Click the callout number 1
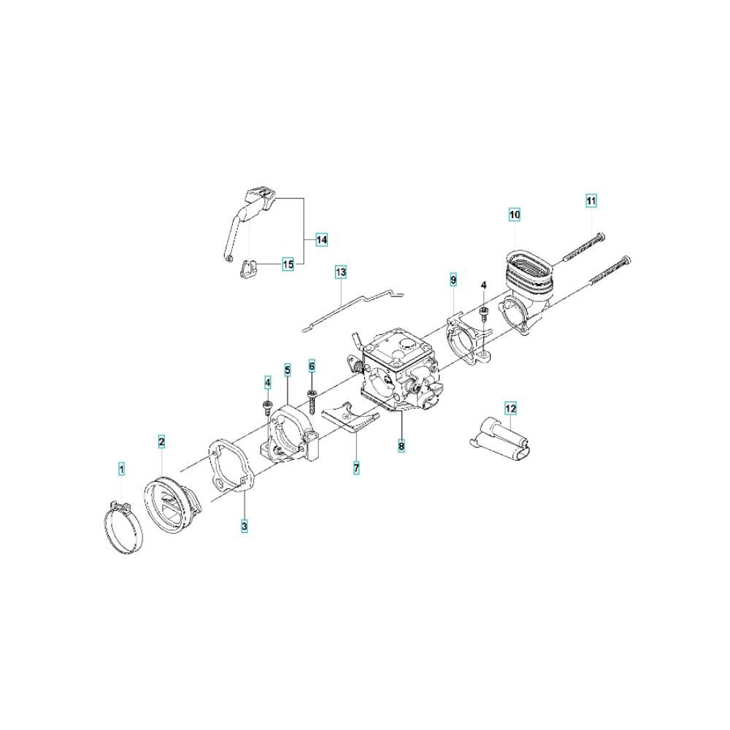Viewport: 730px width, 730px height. (x=121, y=469)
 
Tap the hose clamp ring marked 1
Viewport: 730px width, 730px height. (x=123, y=530)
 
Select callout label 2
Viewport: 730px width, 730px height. (x=161, y=442)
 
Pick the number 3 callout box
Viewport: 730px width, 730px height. (x=245, y=526)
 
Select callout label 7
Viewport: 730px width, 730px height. (x=356, y=468)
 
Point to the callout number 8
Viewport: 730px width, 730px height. (x=401, y=445)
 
